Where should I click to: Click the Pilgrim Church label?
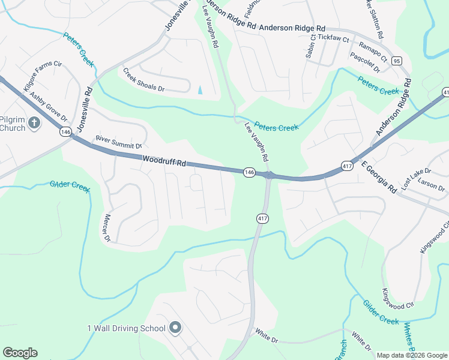pos(13,123)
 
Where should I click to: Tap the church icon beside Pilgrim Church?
pos(34,124)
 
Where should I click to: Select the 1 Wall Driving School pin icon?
pos(175,328)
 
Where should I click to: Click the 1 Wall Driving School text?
pos(126,328)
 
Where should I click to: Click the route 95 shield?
pos(396,61)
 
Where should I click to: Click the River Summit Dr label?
pos(118,142)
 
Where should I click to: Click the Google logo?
pos(20,353)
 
